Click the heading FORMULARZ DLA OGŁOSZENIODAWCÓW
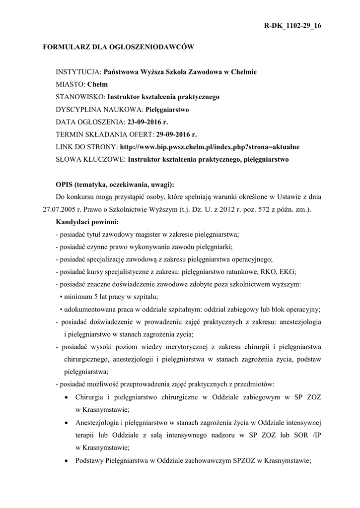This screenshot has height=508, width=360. click(x=118, y=48)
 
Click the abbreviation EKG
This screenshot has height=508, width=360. click(x=288, y=271)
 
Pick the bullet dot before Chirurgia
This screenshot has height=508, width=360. click(x=68, y=397)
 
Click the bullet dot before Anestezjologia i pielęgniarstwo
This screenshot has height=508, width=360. click(x=68, y=422)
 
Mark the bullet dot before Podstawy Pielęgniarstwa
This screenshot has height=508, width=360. click(x=68, y=460)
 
